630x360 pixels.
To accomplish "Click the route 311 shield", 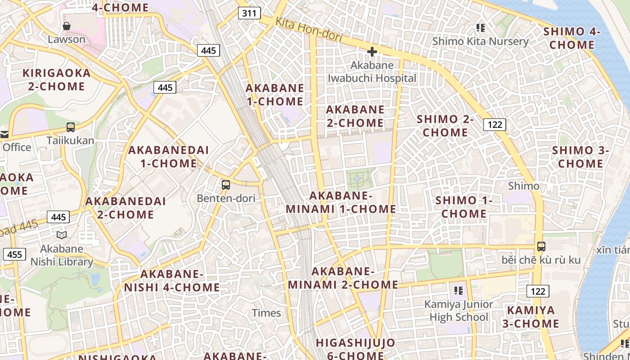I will click(x=249, y=13).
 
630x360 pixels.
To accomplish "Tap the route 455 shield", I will click(x=14, y=254).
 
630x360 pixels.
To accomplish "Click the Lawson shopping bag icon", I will click(x=67, y=26).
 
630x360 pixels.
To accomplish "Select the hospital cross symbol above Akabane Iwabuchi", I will click(x=372, y=52).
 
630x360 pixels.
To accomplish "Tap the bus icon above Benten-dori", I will click(x=226, y=184).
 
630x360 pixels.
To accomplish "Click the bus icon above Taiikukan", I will click(x=71, y=127).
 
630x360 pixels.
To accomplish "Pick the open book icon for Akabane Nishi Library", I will click(x=62, y=235).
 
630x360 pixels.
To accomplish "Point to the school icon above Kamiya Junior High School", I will click(x=459, y=291).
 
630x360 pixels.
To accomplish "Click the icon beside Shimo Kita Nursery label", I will click(x=481, y=28).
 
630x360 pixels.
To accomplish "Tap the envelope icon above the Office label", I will click(x=4, y=134).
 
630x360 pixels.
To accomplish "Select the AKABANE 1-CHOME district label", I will click(x=274, y=94).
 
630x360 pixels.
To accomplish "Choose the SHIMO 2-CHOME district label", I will click(x=445, y=126).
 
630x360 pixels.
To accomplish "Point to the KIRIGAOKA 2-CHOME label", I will click(x=57, y=80).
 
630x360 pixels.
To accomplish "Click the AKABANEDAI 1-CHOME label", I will click(x=169, y=157).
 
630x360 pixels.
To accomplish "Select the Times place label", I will click(x=266, y=313).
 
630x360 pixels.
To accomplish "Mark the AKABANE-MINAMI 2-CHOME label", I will click(x=343, y=278).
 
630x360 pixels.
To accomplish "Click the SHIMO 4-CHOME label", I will click(x=572, y=38).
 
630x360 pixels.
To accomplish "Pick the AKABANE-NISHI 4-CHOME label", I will click(x=172, y=281).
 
